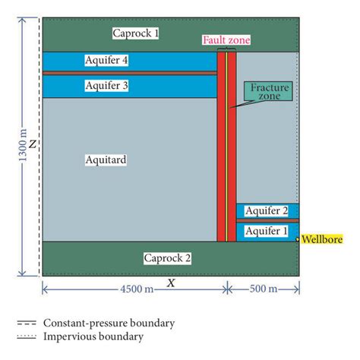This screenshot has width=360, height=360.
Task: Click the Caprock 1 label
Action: [136, 33]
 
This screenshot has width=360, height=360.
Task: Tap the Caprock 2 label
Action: [167, 258]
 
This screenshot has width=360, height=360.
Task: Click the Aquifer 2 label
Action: [268, 211]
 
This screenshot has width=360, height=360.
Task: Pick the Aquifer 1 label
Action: [268, 230]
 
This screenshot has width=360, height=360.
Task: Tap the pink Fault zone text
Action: [226, 40]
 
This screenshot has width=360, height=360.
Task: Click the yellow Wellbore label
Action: [322, 240]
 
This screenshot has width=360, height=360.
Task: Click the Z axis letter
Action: [33, 144]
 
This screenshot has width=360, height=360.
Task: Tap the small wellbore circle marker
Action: [298, 238]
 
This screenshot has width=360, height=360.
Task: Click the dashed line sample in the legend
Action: [27, 323]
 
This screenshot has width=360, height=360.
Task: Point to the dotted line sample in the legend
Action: [27, 336]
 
